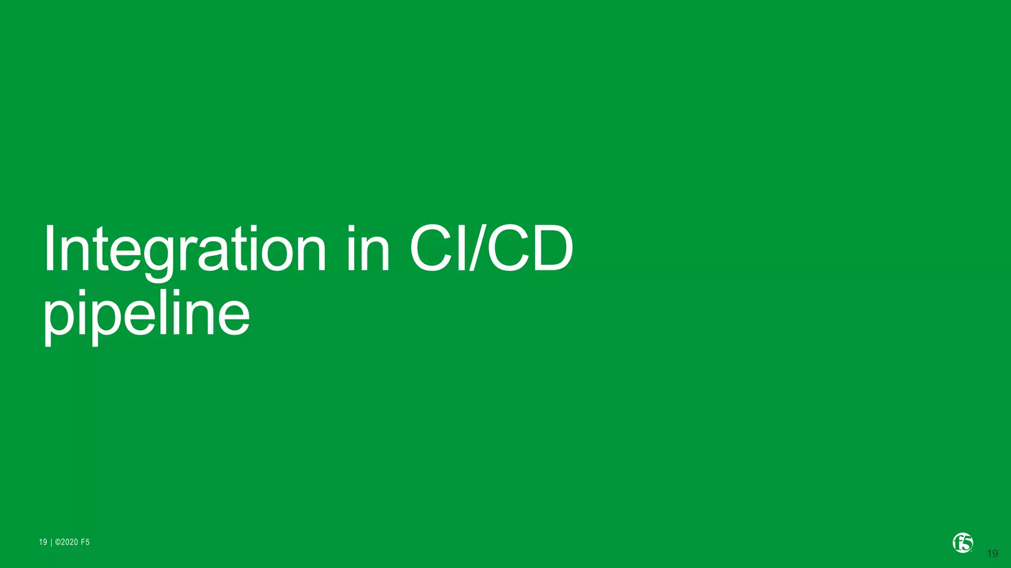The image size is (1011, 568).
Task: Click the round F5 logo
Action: (963, 543)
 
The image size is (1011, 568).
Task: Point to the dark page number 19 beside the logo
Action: (992, 554)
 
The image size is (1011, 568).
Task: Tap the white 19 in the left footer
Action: (43, 542)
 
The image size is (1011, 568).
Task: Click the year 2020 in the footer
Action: (70, 542)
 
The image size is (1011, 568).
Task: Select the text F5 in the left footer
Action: (85, 542)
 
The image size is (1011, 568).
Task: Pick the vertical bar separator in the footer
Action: (51, 542)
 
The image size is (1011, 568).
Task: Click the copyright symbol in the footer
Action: (58, 542)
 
